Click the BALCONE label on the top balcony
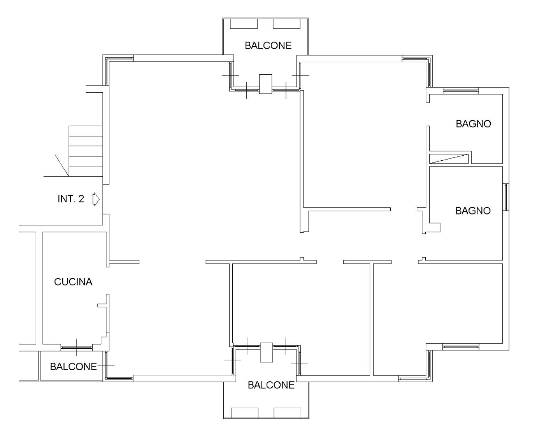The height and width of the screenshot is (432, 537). (x=268, y=46)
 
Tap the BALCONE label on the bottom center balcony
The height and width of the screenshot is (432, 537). (x=271, y=385)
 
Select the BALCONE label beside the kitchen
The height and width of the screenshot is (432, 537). (x=74, y=367)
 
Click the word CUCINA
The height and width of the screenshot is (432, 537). (x=73, y=282)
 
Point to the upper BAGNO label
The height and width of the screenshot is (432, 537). (x=473, y=124)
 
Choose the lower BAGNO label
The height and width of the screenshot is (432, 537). (x=473, y=211)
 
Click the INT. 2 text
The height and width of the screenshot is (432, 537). (x=71, y=199)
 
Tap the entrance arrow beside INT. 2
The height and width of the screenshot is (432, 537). (x=96, y=199)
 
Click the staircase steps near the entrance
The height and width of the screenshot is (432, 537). (x=86, y=151)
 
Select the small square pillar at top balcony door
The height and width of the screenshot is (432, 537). (x=265, y=84)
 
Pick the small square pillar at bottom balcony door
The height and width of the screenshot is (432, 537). (x=266, y=352)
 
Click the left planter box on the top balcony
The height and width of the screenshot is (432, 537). (x=244, y=24)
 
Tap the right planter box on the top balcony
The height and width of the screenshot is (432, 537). (x=287, y=24)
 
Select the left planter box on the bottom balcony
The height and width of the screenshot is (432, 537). (x=244, y=413)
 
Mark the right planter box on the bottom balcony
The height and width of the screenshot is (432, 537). (x=288, y=413)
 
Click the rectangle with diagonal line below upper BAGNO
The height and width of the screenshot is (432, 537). (x=449, y=159)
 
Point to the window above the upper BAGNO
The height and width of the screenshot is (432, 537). (x=461, y=91)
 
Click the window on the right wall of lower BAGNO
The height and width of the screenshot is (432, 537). (x=506, y=197)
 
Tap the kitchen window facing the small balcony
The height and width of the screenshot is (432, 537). (x=77, y=348)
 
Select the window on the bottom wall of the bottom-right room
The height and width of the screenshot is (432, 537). (x=461, y=347)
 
